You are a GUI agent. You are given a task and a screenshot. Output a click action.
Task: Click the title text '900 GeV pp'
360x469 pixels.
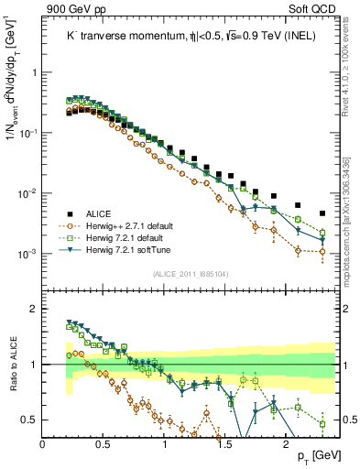click(x=69, y=10)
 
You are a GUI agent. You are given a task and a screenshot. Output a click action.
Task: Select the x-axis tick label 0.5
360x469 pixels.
click(x=104, y=443)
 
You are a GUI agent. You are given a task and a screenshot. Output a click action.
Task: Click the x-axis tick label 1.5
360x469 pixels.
click(x=225, y=443)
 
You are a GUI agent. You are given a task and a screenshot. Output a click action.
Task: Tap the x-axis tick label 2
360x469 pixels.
click(x=286, y=443)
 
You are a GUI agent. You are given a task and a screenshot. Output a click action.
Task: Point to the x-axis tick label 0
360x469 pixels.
click(x=43, y=443)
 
